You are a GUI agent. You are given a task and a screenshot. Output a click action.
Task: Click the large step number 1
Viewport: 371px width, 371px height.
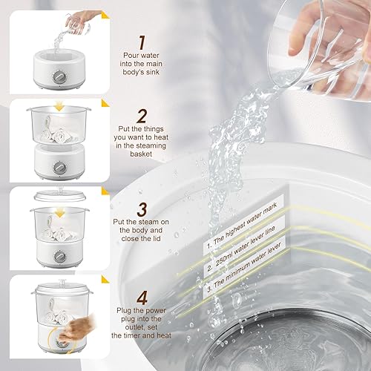(142, 42)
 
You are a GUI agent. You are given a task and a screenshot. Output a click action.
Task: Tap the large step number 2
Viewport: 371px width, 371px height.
(142, 116)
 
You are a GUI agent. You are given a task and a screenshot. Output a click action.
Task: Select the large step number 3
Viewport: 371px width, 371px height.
(142, 209)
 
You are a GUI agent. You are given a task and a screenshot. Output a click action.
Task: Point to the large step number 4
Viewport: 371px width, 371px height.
(142, 298)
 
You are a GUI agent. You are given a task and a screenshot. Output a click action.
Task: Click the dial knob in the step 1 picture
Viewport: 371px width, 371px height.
(59, 76)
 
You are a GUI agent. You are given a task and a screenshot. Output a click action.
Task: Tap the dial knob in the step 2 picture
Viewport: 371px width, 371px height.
(59, 168)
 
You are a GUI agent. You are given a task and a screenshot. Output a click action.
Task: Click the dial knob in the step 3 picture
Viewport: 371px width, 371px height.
(59, 256)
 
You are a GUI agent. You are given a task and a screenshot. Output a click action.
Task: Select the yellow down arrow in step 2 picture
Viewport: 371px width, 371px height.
(59, 108)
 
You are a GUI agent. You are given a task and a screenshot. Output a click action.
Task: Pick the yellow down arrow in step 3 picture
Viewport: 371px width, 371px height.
(59, 213)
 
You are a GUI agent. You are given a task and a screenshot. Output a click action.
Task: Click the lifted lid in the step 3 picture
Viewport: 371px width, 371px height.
(60, 194)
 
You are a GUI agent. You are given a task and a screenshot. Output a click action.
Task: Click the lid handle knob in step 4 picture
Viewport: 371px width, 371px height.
(62, 282)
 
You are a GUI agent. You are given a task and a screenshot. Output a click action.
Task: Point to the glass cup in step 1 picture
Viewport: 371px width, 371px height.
(76, 26)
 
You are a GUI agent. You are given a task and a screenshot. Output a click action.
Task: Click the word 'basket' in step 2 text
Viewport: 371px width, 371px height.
(141, 154)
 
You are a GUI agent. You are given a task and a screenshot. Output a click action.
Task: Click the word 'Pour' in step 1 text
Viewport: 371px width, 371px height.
(131, 56)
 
